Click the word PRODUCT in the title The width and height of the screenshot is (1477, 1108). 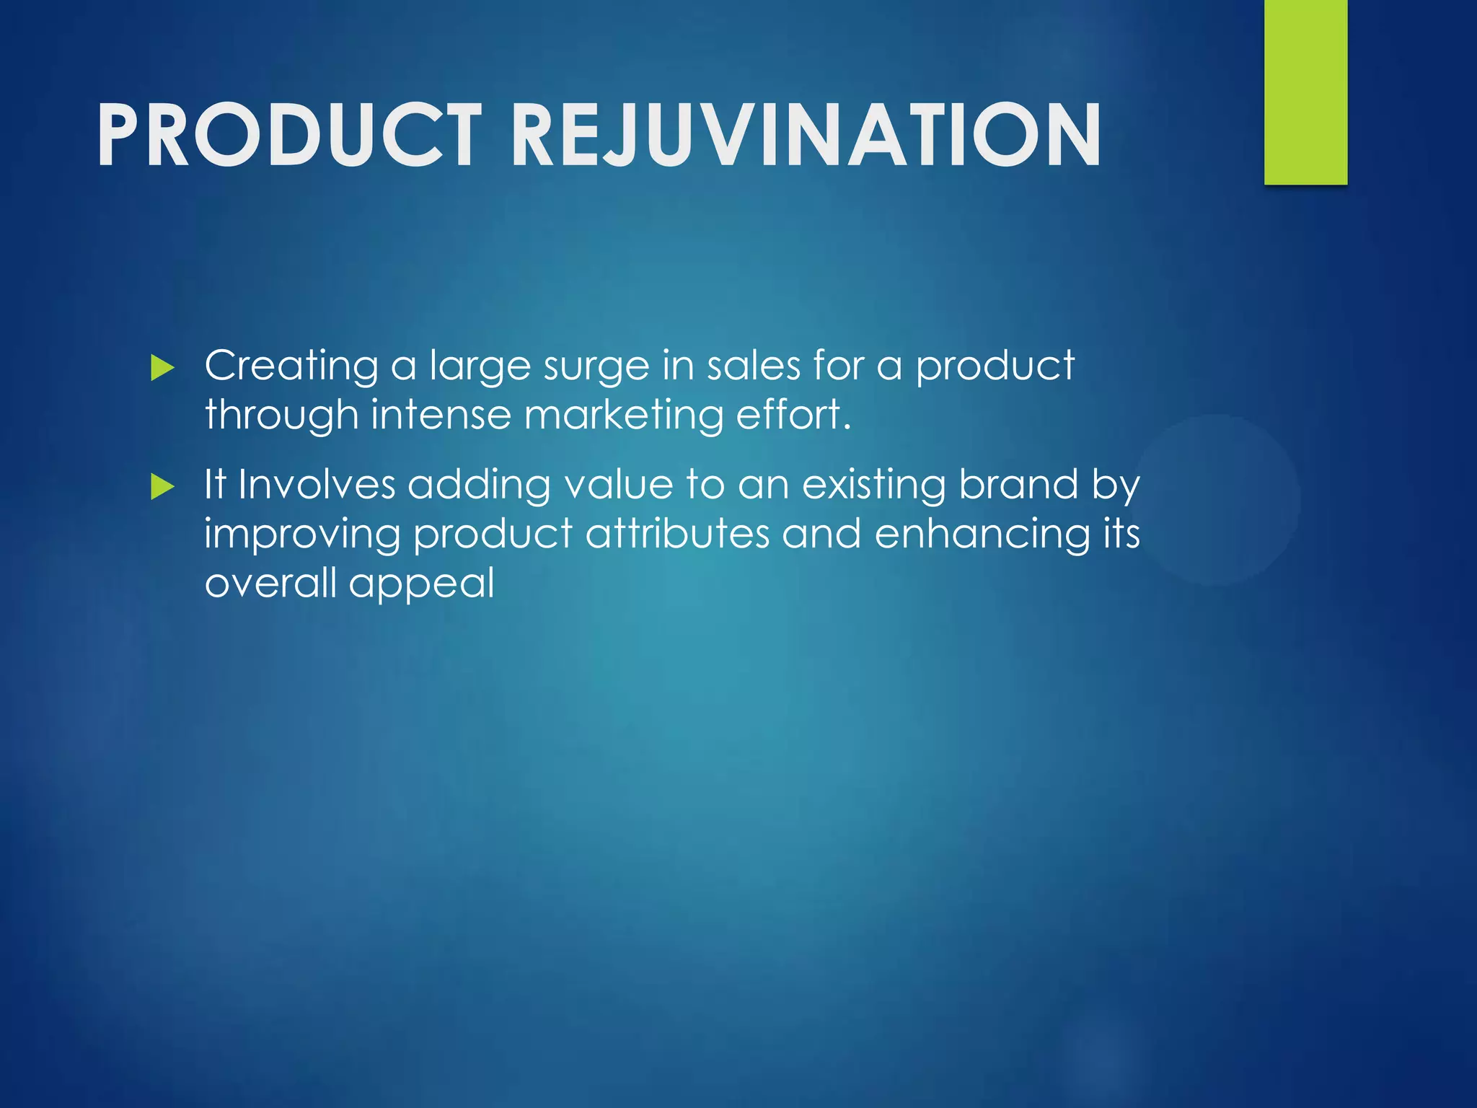click(288, 135)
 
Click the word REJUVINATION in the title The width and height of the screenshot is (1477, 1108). click(806, 135)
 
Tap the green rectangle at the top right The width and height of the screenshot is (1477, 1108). click(1305, 92)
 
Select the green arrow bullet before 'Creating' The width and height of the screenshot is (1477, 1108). click(163, 369)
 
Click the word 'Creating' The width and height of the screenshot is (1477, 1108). click(291, 366)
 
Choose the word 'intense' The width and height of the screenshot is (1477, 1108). click(441, 415)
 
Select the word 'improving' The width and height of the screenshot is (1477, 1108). click(302, 535)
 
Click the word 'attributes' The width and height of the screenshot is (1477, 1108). click(678, 534)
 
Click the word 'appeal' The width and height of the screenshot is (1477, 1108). click(422, 584)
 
